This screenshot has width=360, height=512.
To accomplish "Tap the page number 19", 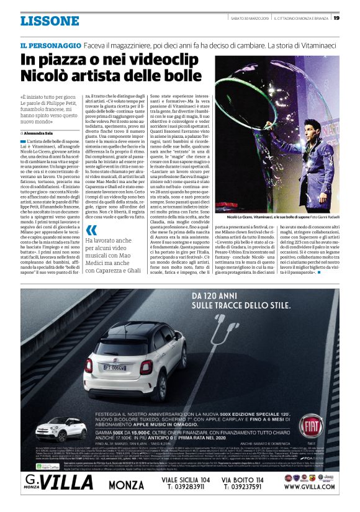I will point(336,17).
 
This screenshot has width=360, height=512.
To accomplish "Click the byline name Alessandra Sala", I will point(42,133).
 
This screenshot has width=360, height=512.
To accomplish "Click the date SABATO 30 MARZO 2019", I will point(249,17).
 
